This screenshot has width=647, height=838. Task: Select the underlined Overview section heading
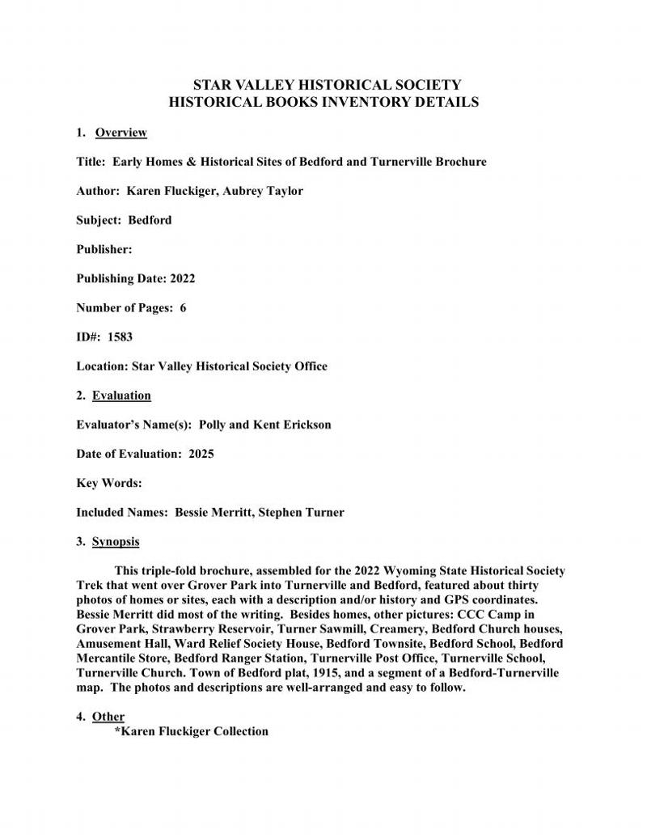point(121,132)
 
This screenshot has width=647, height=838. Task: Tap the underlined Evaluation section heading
point(121,396)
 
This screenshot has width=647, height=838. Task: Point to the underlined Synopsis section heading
point(116,541)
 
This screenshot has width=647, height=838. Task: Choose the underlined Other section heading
point(108,716)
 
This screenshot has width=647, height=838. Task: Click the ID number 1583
point(121,337)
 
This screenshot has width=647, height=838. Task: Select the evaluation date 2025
point(201,454)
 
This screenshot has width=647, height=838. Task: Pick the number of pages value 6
point(183,308)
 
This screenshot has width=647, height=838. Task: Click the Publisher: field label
point(104,249)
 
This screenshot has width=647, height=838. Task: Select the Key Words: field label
point(109,483)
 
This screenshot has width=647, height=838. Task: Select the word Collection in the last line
point(241,731)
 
